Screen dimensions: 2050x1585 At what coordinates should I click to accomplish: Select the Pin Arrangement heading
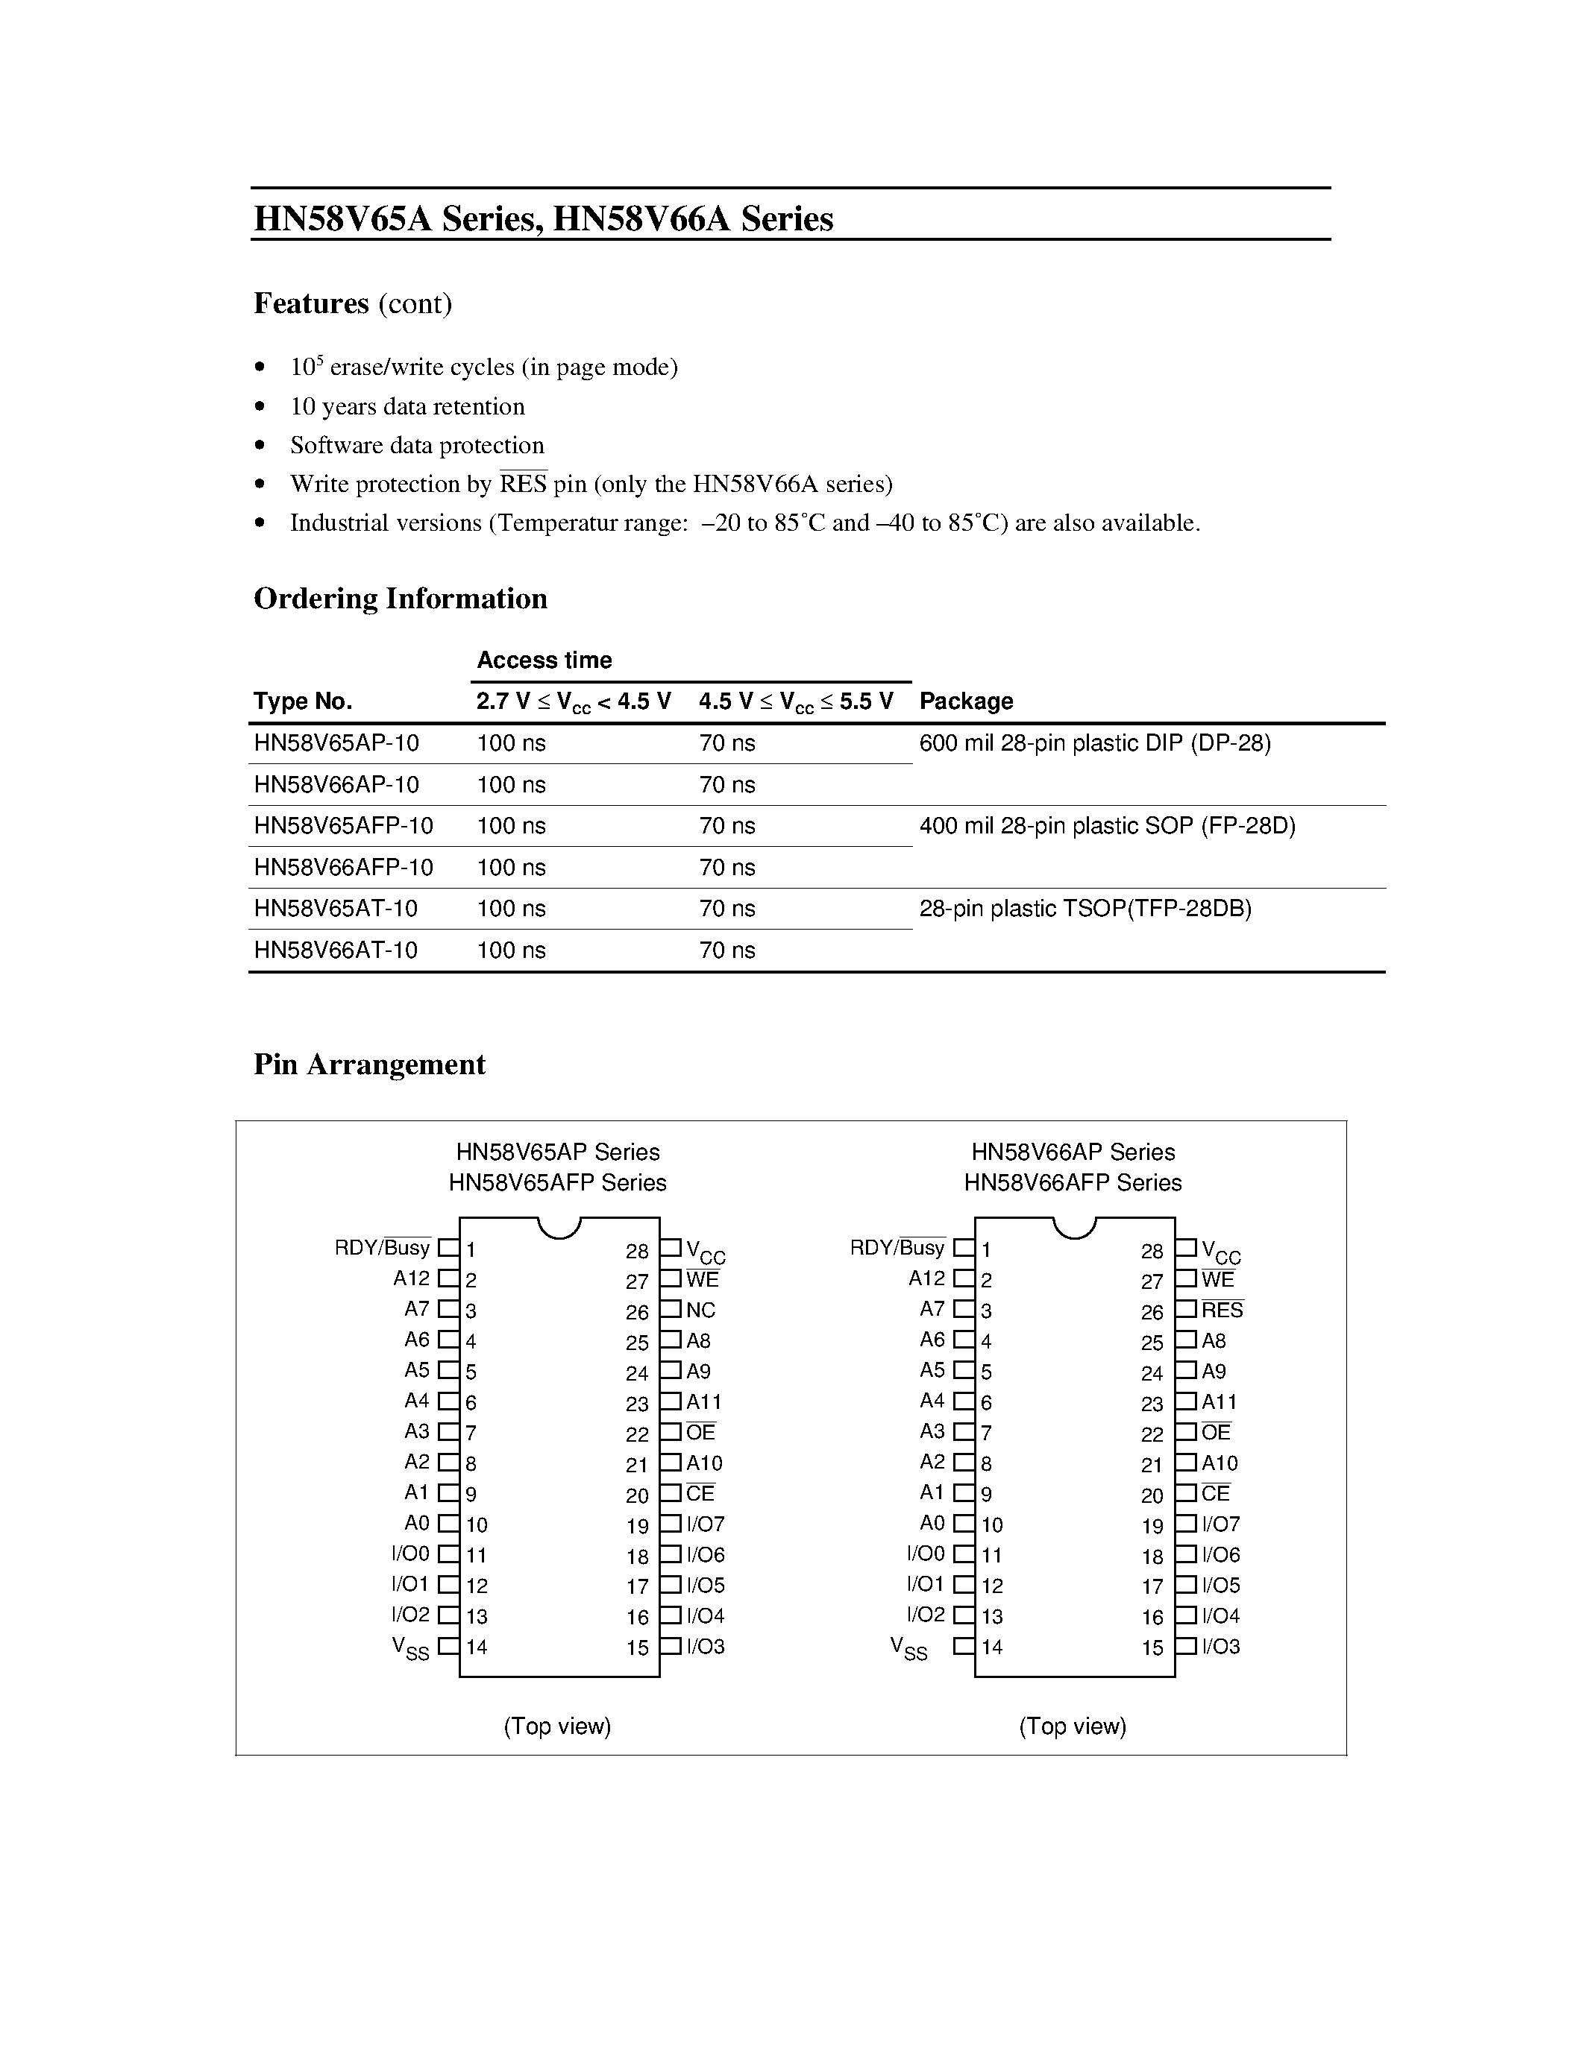tap(369, 1065)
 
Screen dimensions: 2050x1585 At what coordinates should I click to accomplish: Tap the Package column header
tap(965, 701)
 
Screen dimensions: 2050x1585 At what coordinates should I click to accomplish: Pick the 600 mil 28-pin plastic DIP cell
tap(1094, 743)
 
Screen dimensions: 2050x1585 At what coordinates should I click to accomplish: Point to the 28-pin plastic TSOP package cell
tap(1085, 909)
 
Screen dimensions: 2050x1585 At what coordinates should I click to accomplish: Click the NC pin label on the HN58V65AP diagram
tap(700, 1311)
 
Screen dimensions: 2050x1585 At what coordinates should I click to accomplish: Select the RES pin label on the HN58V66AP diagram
tap(1222, 1311)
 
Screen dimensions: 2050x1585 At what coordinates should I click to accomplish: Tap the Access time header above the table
tap(544, 660)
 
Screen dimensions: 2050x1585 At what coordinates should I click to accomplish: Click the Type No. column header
tap(302, 701)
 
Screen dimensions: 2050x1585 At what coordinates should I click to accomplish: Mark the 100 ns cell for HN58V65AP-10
tap(511, 743)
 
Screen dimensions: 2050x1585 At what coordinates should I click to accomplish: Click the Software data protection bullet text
tap(417, 445)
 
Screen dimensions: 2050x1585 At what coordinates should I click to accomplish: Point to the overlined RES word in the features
tap(523, 485)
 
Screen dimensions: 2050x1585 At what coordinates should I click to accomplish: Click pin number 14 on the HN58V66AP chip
tap(993, 1647)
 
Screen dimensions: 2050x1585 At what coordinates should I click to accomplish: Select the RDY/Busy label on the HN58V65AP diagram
tap(382, 1249)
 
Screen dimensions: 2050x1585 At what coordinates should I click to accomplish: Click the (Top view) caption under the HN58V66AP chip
tap(1073, 1726)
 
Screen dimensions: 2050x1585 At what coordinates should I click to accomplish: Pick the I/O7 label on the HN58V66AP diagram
tap(1221, 1524)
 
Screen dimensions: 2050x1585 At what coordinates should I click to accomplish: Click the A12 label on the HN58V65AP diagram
tap(411, 1278)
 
